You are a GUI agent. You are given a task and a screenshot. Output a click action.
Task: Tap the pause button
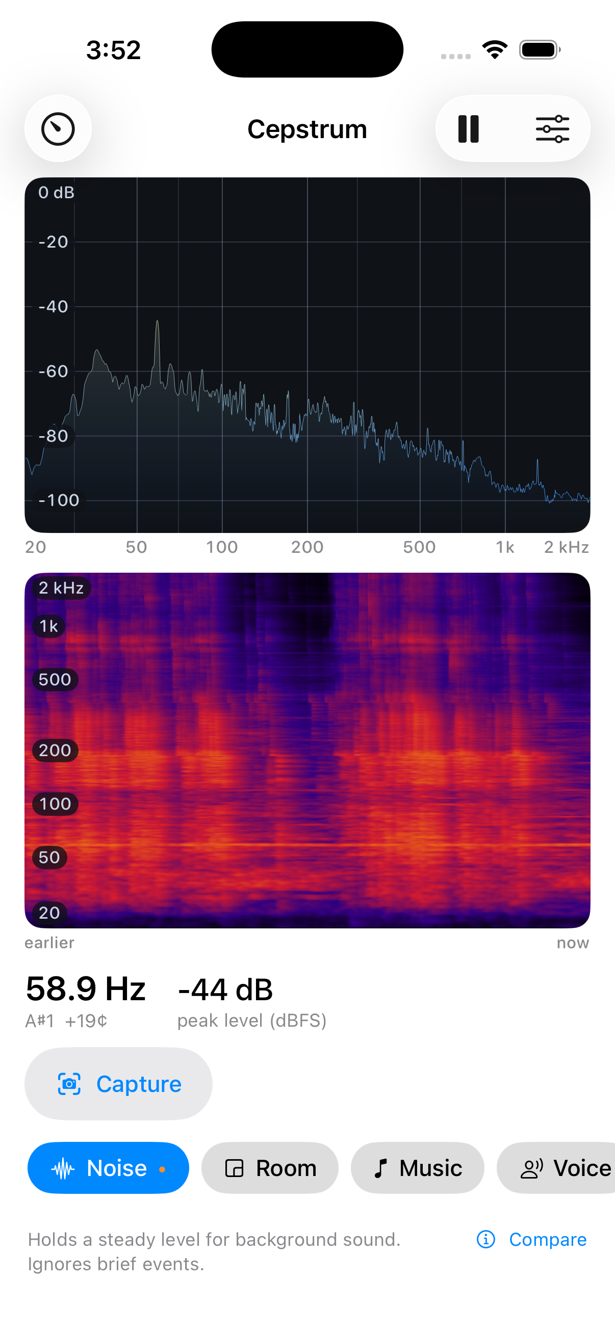click(468, 128)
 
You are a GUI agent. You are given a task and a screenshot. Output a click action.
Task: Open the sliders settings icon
click(552, 128)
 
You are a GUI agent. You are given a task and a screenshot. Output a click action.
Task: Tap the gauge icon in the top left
click(58, 128)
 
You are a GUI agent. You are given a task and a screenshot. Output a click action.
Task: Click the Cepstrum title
click(307, 129)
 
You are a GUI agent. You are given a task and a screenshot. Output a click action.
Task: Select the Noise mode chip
click(108, 1168)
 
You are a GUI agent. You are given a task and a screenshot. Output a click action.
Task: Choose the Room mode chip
click(270, 1168)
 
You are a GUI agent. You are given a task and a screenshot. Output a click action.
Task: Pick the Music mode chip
click(417, 1168)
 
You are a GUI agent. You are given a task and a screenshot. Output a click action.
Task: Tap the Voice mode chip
click(556, 1168)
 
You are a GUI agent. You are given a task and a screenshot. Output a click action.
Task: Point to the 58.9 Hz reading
click(86, 988)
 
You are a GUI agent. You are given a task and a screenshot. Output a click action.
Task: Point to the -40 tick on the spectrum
click(54, 307)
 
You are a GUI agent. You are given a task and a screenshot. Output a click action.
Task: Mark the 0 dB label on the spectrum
click(56, 193)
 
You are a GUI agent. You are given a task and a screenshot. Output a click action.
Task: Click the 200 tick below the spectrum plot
click(307, 547)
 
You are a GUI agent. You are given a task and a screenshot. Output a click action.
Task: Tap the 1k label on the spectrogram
click(49, 626)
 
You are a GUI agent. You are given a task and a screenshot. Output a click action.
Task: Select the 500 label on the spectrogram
click(55, 679)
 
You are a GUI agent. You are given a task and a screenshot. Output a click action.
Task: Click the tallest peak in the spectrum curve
click(157, 322)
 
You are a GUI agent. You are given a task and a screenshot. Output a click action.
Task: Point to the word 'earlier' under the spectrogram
click(49, 943)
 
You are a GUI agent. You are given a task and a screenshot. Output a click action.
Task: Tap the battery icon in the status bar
click(540, 50)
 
